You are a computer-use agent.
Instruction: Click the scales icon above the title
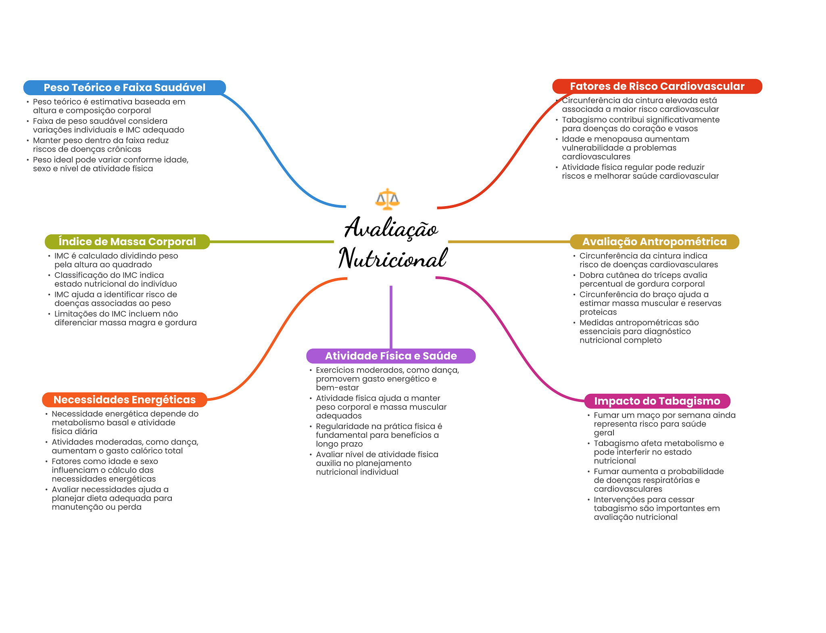(x=387, y=199)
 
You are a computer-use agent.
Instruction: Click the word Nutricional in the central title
(x=393, y=258)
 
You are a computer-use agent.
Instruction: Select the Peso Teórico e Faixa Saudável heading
(x=125, y=88)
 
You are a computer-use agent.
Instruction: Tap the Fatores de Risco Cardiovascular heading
(x=657, y=86)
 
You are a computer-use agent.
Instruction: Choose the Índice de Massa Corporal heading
(x=127, y=242)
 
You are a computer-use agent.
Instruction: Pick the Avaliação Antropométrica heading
(x=654, y=242)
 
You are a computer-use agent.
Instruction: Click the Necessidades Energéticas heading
(x=125, y=400)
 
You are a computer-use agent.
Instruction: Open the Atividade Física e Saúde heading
(x=391, y=356)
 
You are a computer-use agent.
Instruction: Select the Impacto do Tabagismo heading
(x=657, y=401)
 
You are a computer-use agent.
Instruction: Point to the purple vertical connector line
(x=391, y=317)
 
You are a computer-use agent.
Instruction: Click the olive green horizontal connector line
(x=272, y=242)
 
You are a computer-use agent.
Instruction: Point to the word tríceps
(x=661, y=275)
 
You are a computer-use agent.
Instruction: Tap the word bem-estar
(x=337, y=388)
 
